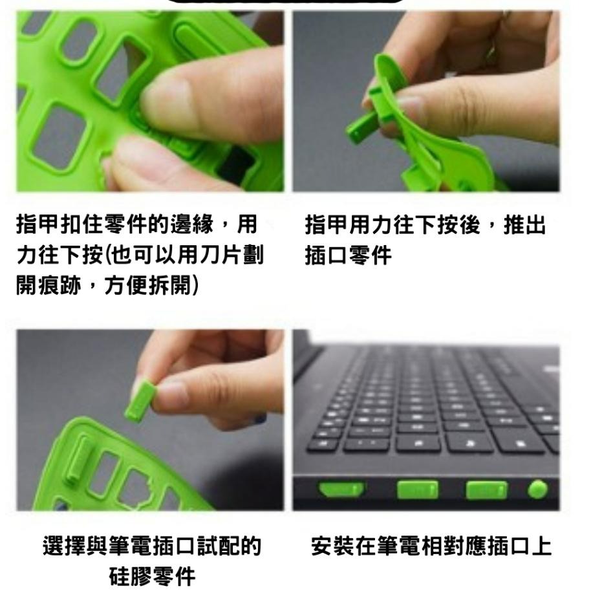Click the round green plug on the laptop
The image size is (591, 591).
click(x=537, y=489)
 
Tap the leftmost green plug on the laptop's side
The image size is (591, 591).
click(x=339, y=489)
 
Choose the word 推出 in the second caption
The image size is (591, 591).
click(x=528, y=227)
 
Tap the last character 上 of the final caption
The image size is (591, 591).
click(x=542, y=547)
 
